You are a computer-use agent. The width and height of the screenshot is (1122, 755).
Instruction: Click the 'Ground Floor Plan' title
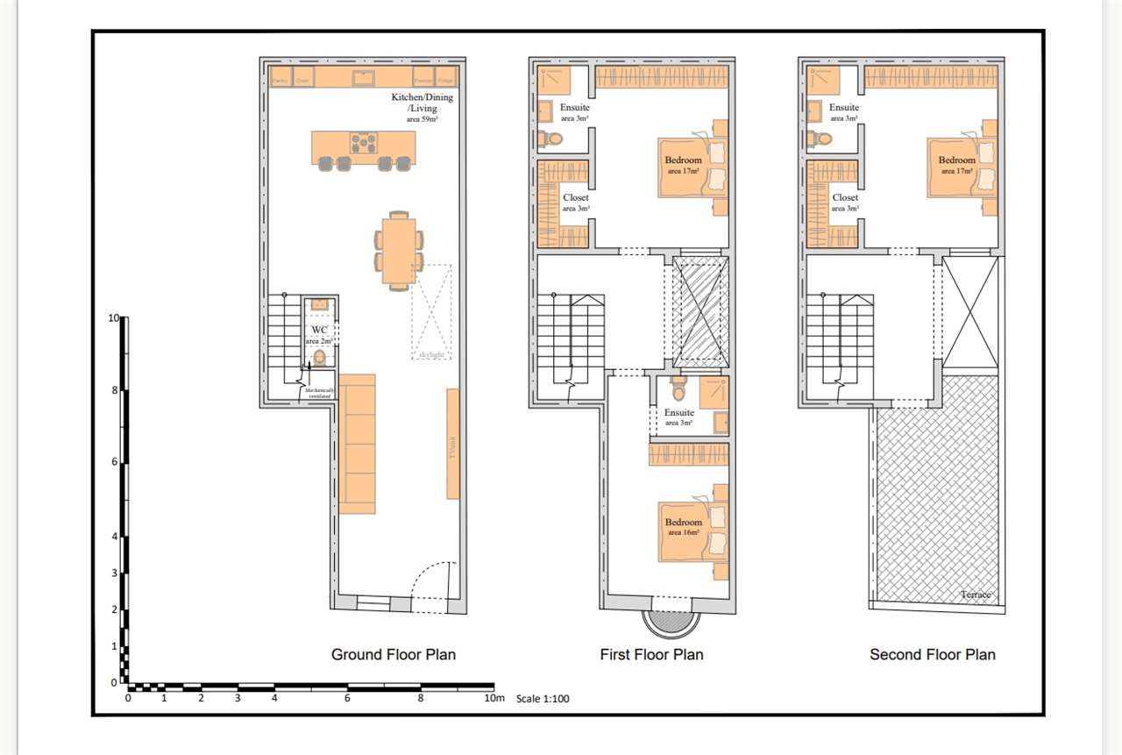coord(393,654)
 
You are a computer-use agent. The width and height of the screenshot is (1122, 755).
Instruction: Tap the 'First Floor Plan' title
coord(651,654)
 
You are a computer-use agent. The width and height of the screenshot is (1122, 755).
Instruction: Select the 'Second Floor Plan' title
coord(932,654)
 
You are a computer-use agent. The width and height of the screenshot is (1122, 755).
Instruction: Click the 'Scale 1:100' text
coord(543,699)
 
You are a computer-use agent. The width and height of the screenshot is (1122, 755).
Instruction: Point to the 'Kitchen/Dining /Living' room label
coord(422,103)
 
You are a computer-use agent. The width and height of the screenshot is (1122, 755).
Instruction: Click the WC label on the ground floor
coord(318,331)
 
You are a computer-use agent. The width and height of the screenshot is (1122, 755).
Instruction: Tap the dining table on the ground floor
coord(399,250)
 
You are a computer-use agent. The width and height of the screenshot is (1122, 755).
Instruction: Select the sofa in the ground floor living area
coord(357,444)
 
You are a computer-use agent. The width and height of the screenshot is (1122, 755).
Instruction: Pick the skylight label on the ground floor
coord(431,354)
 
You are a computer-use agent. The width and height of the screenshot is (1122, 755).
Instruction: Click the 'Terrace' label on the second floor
coord(975,595)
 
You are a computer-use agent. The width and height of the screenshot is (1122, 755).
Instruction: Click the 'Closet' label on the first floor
coord(576,198)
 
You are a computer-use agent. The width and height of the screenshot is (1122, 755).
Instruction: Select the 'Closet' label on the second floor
coord(845,198)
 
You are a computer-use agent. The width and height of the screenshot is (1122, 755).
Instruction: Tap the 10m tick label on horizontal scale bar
coord(494,699)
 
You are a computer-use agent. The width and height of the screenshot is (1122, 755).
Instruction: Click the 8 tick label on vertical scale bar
coord(114,390)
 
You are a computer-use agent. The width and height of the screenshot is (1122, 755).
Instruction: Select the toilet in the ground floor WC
coord(320,357)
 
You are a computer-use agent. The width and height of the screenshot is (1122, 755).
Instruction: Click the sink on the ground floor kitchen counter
coord(364,78)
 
